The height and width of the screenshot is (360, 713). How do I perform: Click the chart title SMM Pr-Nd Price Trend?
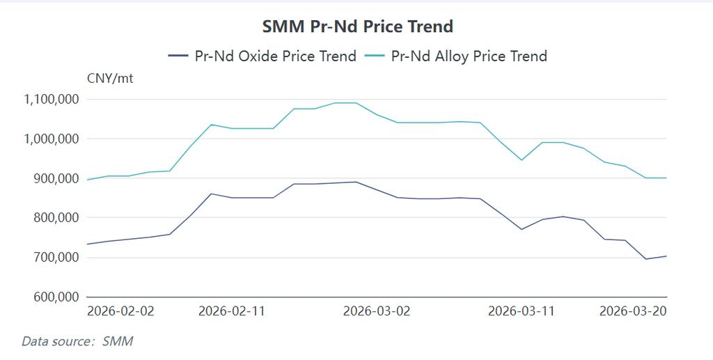click(357, 26)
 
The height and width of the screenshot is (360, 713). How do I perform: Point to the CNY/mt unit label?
click(109, 79)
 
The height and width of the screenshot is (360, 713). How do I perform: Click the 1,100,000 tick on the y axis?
click(52, 100)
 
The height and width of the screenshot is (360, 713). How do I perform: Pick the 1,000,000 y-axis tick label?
click(52, 139)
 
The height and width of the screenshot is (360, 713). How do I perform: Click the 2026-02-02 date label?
click(120, 311)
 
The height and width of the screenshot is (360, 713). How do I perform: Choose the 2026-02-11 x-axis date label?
click(232, 311)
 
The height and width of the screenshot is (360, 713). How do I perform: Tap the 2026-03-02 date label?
click(377, 311)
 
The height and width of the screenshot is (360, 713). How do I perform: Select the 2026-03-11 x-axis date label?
click(522, 311)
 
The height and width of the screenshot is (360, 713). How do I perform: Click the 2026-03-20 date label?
click(633, 311)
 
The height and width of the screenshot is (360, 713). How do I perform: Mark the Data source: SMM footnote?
click(77, 341)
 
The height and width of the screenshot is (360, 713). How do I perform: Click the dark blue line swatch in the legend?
click(179, 56)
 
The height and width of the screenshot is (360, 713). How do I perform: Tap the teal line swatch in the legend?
click(374, 56)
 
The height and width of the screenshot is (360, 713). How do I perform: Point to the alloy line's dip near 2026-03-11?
click(521, 160)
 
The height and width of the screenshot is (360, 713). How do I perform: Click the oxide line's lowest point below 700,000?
click(645, 259)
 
